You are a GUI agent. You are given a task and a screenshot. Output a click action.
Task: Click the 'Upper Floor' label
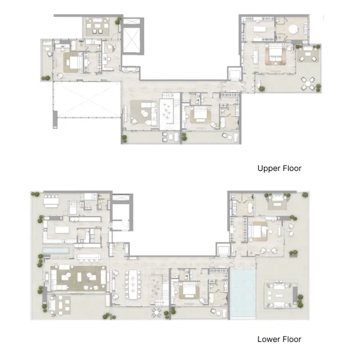(x=279, y=169)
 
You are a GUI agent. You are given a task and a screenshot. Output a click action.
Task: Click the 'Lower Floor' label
(x=279, y=339)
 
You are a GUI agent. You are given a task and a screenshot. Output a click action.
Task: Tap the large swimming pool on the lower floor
(x=242, y=294)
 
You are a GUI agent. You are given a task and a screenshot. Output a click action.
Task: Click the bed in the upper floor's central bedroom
(x=200, y=115)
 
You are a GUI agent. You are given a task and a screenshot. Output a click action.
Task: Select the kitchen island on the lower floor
(x=62, y=231)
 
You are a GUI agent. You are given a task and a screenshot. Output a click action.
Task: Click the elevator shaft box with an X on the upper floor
(x=132, y=39)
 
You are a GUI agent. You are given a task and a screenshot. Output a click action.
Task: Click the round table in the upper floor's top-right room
(x=293, y=29)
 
